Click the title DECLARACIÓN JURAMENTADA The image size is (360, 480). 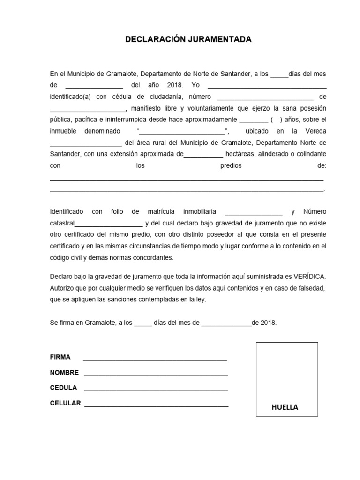(x=188, y=40)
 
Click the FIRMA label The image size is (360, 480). (x=60, y=357)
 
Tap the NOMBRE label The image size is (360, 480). (x=64, y=373)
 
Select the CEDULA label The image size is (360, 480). (x=63, y=388)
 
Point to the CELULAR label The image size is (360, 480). (x=66, y=403)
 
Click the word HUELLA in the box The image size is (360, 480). (x=285, y=407)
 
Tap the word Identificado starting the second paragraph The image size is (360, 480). (x=67, y=212)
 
